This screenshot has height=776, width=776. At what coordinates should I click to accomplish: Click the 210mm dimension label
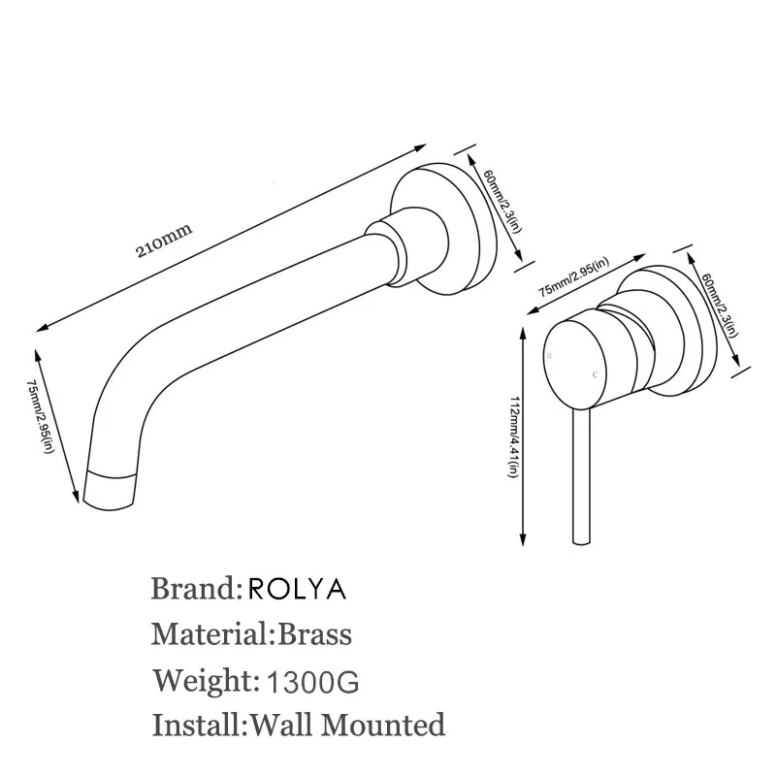(164, 241)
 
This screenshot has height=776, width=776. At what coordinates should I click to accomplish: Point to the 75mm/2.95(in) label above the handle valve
(573, 277)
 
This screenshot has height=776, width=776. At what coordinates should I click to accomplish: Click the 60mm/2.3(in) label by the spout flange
(501, 201)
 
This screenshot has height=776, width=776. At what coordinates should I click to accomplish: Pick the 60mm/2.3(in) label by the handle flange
(720, 306)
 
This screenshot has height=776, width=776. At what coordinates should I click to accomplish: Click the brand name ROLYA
(297, 589)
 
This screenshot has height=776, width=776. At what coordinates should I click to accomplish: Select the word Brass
(314, 634)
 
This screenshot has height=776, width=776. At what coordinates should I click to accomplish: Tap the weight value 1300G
(312, 682)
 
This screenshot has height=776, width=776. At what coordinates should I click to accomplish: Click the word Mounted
(383, 725)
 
